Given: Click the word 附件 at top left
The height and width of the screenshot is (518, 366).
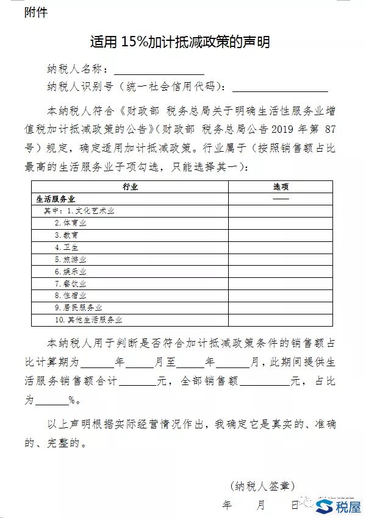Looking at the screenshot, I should point(35,12).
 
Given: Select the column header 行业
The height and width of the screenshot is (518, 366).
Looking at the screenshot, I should point(130,187).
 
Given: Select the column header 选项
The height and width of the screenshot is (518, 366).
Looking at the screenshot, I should point(281,187).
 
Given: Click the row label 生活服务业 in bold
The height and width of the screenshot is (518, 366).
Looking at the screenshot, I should point(56,199).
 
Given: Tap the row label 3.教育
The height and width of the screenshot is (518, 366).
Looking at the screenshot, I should point(66,235).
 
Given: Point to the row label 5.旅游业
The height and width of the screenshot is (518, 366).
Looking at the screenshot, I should point(70,260).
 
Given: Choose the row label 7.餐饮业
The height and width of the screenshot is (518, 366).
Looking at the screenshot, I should point(70,284).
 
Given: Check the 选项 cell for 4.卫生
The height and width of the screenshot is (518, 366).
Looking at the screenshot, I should point(281,247).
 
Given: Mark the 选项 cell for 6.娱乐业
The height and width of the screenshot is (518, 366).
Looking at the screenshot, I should point(281,272).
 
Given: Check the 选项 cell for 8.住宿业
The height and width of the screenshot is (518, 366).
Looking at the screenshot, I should point(281,296).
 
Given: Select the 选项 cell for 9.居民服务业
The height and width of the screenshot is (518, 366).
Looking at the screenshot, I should point(281,308).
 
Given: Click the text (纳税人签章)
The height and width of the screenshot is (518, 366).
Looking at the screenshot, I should point(263,486).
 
